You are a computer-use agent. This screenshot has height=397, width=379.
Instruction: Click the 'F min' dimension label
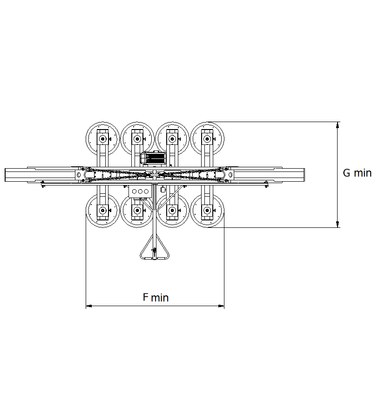156,297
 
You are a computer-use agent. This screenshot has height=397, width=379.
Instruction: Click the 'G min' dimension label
357,173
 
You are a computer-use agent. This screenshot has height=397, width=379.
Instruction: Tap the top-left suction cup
102,139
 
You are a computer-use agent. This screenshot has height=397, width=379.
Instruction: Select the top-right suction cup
207,139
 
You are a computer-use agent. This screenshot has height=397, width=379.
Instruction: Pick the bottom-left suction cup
102,211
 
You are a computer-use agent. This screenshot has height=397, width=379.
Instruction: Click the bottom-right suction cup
207,211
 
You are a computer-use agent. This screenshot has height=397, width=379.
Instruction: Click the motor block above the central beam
154,158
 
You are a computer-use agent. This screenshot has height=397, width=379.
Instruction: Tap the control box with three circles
140,192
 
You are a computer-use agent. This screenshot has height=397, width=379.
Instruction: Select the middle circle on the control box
140,192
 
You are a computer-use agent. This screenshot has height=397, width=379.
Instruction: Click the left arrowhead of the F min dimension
89,306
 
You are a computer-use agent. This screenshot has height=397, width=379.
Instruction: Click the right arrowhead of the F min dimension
221,306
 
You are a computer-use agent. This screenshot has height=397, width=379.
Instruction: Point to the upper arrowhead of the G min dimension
337,125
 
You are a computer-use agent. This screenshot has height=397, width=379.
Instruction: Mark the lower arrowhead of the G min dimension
337,224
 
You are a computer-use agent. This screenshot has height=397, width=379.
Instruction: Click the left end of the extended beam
5,175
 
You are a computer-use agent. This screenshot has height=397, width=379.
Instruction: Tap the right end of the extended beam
305,175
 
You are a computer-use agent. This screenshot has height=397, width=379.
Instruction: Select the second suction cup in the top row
137,139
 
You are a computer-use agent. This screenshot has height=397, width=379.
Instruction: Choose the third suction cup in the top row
172,139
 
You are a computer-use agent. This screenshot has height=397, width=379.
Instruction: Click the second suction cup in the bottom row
137,211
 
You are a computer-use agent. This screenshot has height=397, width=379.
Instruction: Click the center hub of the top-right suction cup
207,139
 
